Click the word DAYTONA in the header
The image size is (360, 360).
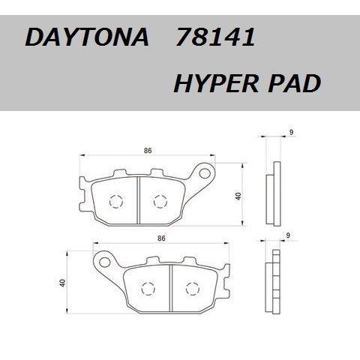coord(87,37)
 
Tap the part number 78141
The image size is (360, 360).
coord(215,37)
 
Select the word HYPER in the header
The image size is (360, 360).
coord(216,83)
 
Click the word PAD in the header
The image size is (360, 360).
coord(295,83)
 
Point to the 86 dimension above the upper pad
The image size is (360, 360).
coord(148,151)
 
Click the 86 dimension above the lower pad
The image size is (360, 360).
coord(161,238)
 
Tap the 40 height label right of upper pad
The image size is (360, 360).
coord(238,196)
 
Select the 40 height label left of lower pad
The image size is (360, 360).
coord(63,283)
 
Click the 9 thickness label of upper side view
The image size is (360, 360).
coord(291,133)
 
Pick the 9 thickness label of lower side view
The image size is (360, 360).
coord(288,235)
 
